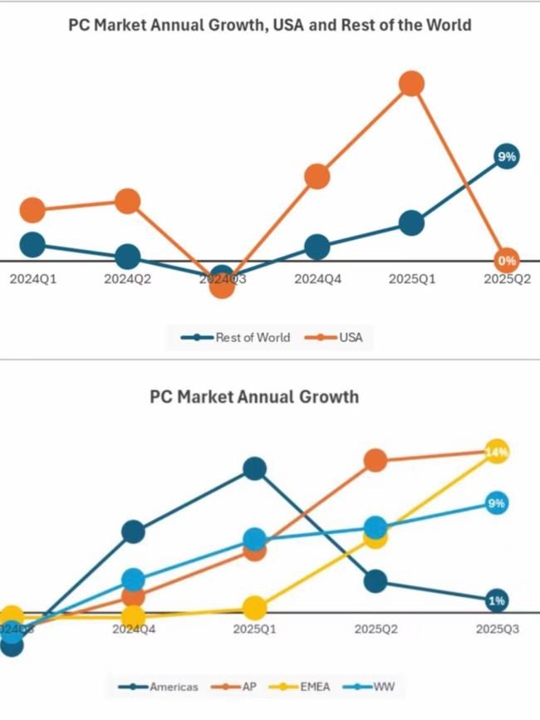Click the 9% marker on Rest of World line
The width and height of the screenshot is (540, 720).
point(507,156)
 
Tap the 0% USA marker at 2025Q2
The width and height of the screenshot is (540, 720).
point(507,260)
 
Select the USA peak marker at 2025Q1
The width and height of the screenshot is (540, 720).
point(411,83)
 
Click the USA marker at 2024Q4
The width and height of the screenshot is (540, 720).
point(317,176)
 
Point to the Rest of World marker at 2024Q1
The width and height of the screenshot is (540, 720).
point(32,244)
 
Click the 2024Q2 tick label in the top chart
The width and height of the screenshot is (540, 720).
point(127,280)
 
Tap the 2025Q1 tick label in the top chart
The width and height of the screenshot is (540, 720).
point(412,280)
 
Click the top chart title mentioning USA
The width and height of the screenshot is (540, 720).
point(270,25)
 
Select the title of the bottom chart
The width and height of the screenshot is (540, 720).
point(254,396)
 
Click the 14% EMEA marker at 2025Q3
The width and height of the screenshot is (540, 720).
point(497,453)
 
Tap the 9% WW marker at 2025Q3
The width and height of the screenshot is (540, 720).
point(497,503)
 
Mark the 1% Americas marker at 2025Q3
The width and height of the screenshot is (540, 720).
point(497,600)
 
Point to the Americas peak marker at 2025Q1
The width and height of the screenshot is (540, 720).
point(255,469)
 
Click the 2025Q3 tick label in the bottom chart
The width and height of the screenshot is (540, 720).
point(497,629)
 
